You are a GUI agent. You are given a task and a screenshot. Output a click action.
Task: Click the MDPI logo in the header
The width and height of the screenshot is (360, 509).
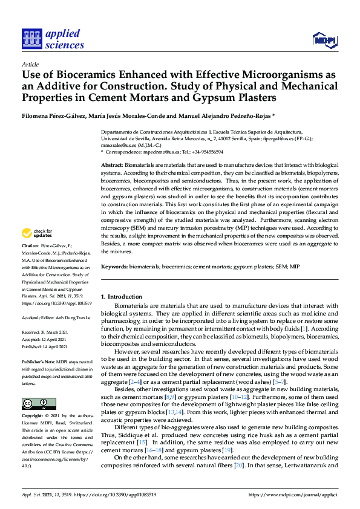[x=324, y=40]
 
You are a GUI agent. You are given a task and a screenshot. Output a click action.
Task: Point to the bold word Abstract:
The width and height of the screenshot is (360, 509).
[x=112, y=165]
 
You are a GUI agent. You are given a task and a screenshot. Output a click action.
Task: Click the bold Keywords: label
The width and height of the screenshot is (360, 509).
[x=116, y=267]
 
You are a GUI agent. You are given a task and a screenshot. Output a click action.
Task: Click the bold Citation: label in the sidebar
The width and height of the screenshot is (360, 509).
[x=30, y=246]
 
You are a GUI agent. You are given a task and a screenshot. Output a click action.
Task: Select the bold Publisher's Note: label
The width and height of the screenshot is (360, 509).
[x=39, y=361]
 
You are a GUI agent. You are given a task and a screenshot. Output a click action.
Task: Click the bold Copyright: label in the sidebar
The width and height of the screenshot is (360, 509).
[x=33, y=417]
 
